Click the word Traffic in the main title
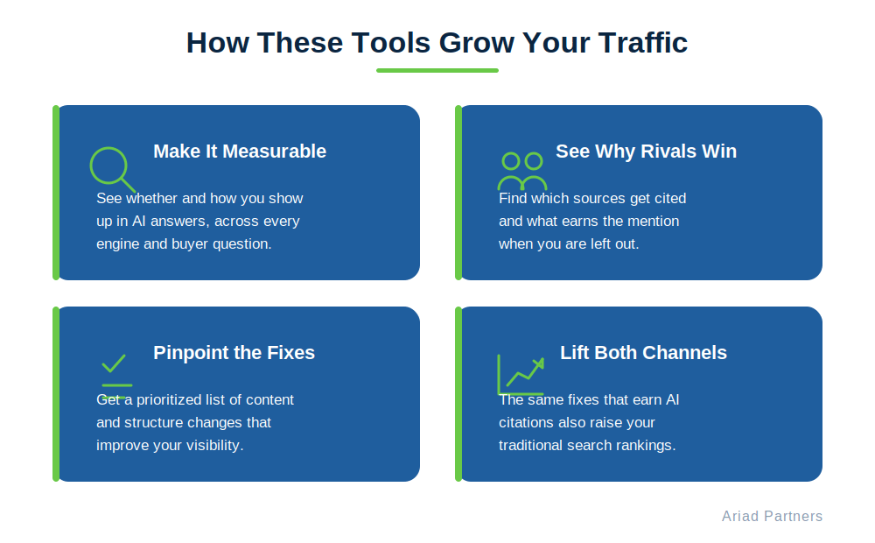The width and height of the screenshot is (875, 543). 642,42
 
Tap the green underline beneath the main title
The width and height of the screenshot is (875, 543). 437,70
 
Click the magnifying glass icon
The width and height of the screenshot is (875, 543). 112,169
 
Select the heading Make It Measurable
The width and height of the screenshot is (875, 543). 240,152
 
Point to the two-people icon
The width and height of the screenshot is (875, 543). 522,171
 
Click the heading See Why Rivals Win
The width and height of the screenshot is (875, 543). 647,152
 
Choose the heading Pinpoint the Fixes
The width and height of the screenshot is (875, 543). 234,353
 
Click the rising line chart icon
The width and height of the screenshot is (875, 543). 521,375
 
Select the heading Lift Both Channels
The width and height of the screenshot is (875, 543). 643,353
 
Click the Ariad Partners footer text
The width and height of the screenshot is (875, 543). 773,516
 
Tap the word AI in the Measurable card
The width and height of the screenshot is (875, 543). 139,222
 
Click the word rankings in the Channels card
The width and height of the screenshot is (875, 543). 649,445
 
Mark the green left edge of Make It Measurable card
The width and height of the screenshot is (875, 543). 56,193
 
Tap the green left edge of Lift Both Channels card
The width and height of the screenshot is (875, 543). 458,394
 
